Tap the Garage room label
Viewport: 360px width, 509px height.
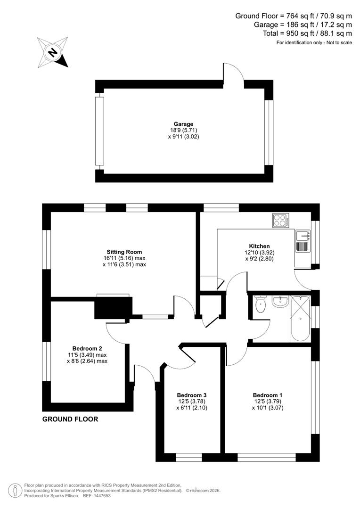pos(183,124)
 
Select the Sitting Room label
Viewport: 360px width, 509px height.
pos(124,252)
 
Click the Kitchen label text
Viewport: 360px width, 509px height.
pos(259,246)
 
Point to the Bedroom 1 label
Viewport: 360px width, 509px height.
pos(266,395)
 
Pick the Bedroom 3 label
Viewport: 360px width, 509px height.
pos(192,395)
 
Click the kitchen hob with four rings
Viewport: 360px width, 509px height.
pos(281,220)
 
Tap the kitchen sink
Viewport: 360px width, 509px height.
pos(302,241)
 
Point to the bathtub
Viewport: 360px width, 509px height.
pos(300,318)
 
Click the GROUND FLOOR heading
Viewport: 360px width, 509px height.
pos(70,419)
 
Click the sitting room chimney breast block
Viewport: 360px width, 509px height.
pos(112,308)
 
